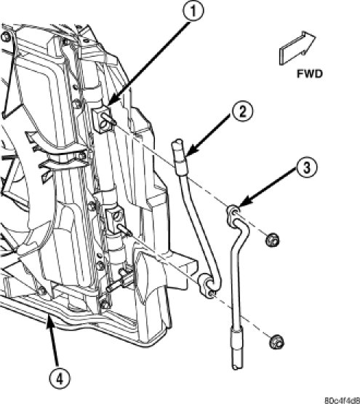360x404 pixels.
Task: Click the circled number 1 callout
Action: (193, 11)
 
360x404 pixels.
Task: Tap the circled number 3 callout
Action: (306, 168)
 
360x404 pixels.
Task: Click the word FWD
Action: (310, 74)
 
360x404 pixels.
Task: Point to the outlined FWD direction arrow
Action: (297, 48)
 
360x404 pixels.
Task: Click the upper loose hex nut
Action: (273, 240)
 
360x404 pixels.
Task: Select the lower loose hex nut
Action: (276, 342)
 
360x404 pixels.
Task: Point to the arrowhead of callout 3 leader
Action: (244, 202)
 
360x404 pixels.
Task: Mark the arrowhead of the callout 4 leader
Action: (49, 319)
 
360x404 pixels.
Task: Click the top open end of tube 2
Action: (179, 141)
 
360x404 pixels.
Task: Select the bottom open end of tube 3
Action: (237, 365)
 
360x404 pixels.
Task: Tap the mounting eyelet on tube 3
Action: (233, 211)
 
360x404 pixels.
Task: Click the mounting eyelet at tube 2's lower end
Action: (207, 286)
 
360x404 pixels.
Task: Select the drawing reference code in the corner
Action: (342, 400)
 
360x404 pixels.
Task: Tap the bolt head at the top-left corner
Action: (5, 36)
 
